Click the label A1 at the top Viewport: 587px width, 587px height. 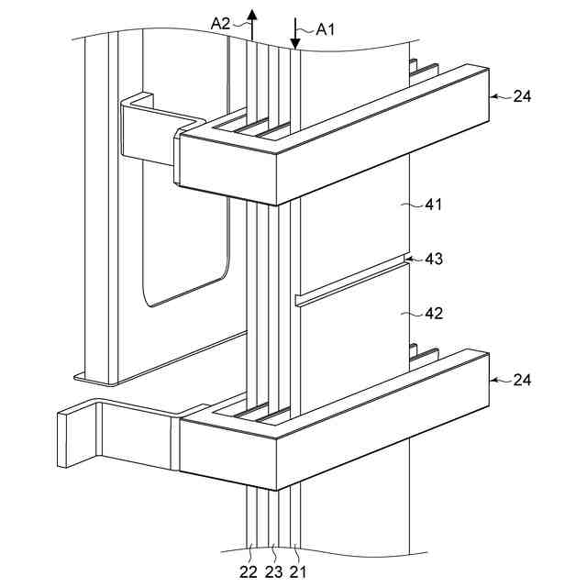click(x=326, y=28)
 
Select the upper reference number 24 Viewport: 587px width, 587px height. click(x=522, y=95)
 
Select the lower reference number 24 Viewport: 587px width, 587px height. click(x=522, y=379)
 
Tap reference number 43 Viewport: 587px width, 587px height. click(x=434, y=259)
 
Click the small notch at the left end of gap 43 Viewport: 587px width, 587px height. click(x=298, y=300)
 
